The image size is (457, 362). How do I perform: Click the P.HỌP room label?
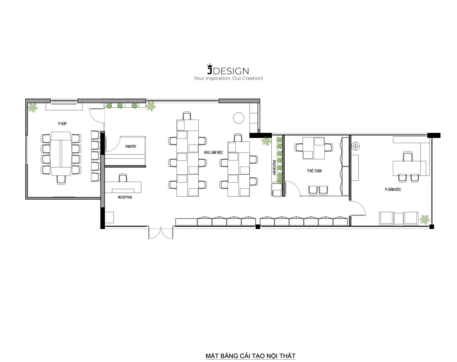click(x=62, y=124)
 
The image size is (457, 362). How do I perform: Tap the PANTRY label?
click(x=131, y=147)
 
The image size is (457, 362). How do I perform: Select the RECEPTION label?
click(x=125, y=197)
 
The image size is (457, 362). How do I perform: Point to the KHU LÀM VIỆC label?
click(x=213, y=152)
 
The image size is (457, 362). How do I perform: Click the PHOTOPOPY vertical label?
click(x=274, y=167)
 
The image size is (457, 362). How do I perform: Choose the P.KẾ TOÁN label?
click(x=314, y=171)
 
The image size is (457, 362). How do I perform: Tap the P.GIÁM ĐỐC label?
click(x=393, y=189)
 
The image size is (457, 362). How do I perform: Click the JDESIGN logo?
click(x=228, y=69)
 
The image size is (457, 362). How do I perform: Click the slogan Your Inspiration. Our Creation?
click(x=228, y=78)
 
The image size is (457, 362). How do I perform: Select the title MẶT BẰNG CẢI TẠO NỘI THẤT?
click(x=250, y=356)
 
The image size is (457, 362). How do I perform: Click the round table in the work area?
click(x=238, y=118)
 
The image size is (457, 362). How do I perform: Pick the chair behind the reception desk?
click(x=123, y=178)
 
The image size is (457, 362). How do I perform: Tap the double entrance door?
click(x=161, y=233)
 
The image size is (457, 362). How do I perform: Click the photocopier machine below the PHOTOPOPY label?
click(x=276, y=190)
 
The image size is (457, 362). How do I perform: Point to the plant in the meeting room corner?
click(x=33, y=108)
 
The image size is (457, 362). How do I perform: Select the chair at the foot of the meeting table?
click(x=61, y=180)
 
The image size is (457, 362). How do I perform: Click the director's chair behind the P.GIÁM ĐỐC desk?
click(x=407, y=156)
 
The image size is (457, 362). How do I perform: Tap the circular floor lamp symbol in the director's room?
click(x=355, y=146)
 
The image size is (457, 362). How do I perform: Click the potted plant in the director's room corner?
click(x=424, y=220)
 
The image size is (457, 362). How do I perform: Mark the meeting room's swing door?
click(x=96, y=116)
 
